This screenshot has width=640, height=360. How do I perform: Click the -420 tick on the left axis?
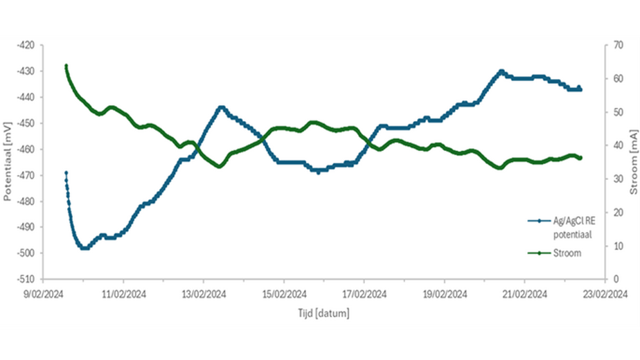[26, 45]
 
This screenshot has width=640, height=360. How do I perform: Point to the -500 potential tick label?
[26, 253]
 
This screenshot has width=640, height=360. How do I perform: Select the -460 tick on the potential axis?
[26, 149]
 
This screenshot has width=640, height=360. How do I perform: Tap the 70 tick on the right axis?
[619, 45]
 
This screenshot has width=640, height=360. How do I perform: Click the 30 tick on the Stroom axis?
[619, 179]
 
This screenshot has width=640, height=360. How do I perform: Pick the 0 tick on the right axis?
[616, 279]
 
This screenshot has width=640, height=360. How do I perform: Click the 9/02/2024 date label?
[44, 294]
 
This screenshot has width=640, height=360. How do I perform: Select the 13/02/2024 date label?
[204, 294]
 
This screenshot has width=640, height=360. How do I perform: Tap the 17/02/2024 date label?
[364, 294]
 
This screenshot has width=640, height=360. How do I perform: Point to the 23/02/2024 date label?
[605, 294]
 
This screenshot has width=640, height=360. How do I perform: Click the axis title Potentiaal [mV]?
[7, 161]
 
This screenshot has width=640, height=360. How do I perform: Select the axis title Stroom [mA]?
[634, 162]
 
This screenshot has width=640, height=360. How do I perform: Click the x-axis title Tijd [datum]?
[323, 314]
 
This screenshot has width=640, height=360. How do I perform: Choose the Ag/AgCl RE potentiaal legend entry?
[562, 228]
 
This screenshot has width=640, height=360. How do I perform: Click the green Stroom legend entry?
[554, 253]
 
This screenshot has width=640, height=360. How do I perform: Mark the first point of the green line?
[66, 65]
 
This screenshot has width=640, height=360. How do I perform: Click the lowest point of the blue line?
[85, 248]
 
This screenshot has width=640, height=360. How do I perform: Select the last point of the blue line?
[580, 89]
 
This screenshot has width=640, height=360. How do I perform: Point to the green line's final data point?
[580, 158]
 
